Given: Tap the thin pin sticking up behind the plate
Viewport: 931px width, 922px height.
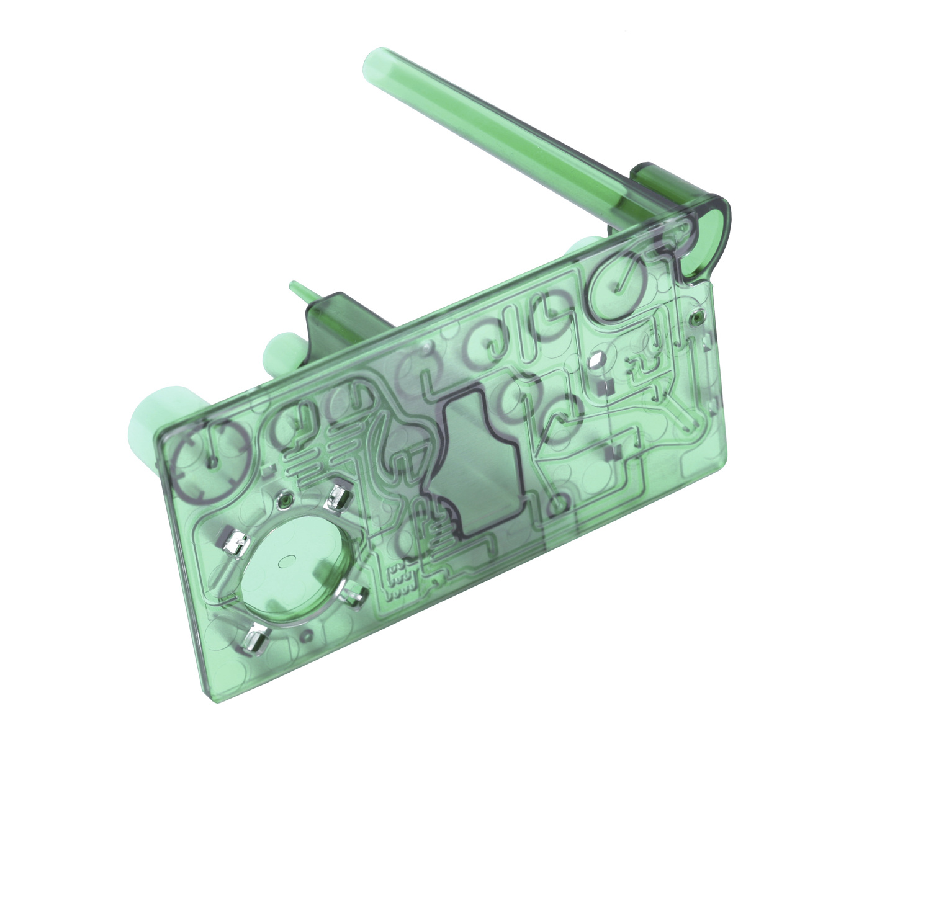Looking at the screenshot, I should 297,290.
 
